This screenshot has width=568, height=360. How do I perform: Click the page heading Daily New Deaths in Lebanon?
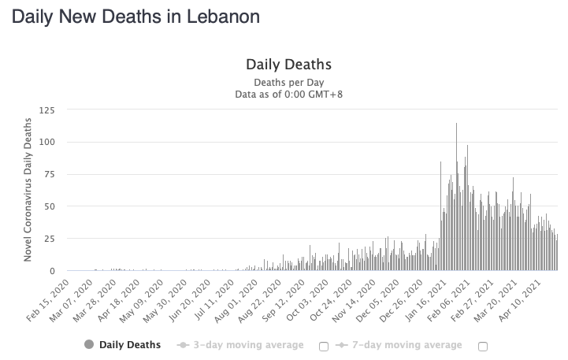(x=135, y=17)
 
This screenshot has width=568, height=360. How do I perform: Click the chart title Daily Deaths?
(x=288, y=65)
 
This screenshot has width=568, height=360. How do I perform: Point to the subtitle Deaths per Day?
(x=288, y=83)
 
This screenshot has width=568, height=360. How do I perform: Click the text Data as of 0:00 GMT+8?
(x=288, y=95)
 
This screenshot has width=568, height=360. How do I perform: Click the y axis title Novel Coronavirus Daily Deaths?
(x=28, y=190)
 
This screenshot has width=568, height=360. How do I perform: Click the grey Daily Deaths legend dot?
(x=88, y=344)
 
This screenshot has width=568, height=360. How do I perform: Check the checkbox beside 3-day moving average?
(x=323, y=346)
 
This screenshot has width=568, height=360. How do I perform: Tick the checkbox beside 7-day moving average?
(x=482, y=346)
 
